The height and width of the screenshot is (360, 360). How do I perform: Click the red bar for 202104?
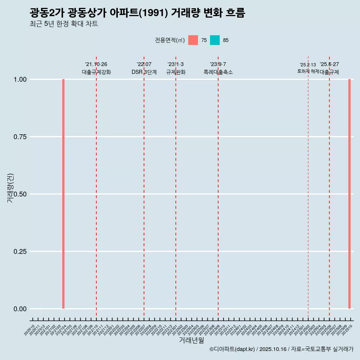tap(63, 194)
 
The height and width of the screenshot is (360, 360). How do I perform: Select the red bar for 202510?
tap(349, 194)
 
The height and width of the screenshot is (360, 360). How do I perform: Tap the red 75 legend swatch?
tap(193, 40)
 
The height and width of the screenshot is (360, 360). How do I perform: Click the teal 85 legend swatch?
tap(215, 40)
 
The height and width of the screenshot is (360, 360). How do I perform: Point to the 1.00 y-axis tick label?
tap(20, 79)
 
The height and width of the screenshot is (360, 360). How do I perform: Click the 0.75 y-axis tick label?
tap(20, 137)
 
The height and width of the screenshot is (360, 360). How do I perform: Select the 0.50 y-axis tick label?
tap(20, 194)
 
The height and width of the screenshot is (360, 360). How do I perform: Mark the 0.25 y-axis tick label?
tap(20, 252)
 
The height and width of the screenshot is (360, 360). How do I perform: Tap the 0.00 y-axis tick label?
tap(20, 309)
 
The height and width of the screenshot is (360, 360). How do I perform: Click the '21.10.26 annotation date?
tap(96, 64)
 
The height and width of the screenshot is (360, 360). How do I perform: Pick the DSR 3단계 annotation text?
tap(144, 72)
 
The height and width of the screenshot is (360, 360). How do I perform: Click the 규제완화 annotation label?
tap(175, 72)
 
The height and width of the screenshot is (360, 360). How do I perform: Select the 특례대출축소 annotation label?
tap(218, 72)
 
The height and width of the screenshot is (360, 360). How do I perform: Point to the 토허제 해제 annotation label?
tap(308, 71)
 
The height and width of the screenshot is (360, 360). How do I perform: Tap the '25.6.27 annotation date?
tap(329, 64)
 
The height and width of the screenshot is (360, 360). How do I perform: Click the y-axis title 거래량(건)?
tap(10, 188)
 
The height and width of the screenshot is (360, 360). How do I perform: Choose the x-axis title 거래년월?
tap(191, 340)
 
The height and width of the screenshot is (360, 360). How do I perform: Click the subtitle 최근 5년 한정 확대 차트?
tap(64, 24)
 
